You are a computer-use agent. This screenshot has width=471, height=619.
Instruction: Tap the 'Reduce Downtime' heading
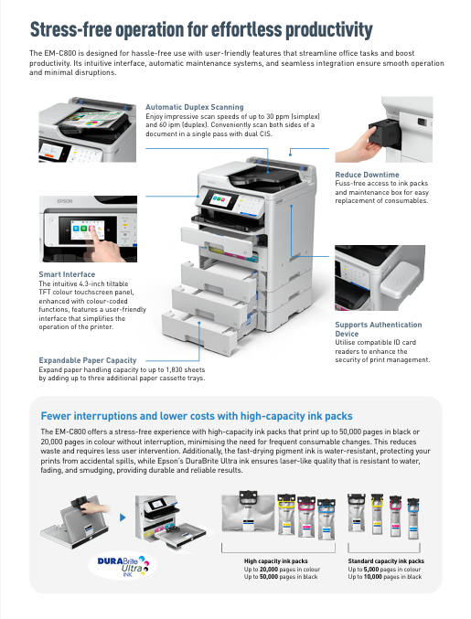pyautogui.click(x=367, y=174)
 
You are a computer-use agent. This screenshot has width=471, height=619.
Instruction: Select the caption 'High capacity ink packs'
pyautogui.click(x=275, y=560)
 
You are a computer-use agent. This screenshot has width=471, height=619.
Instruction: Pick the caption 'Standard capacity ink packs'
pyautogui.click(x=386, y=560)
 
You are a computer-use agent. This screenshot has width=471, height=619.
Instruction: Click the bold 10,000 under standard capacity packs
pyautogui.click(x=375, y=577)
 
